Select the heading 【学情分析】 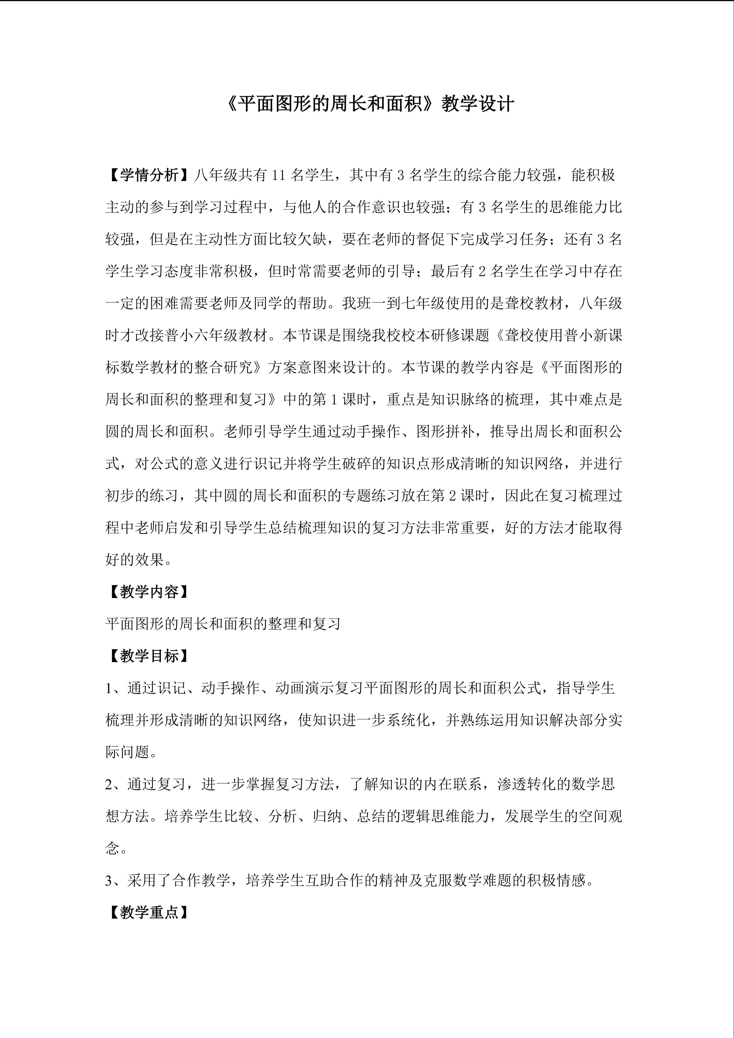pyautogui.click(x=149, y=175)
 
